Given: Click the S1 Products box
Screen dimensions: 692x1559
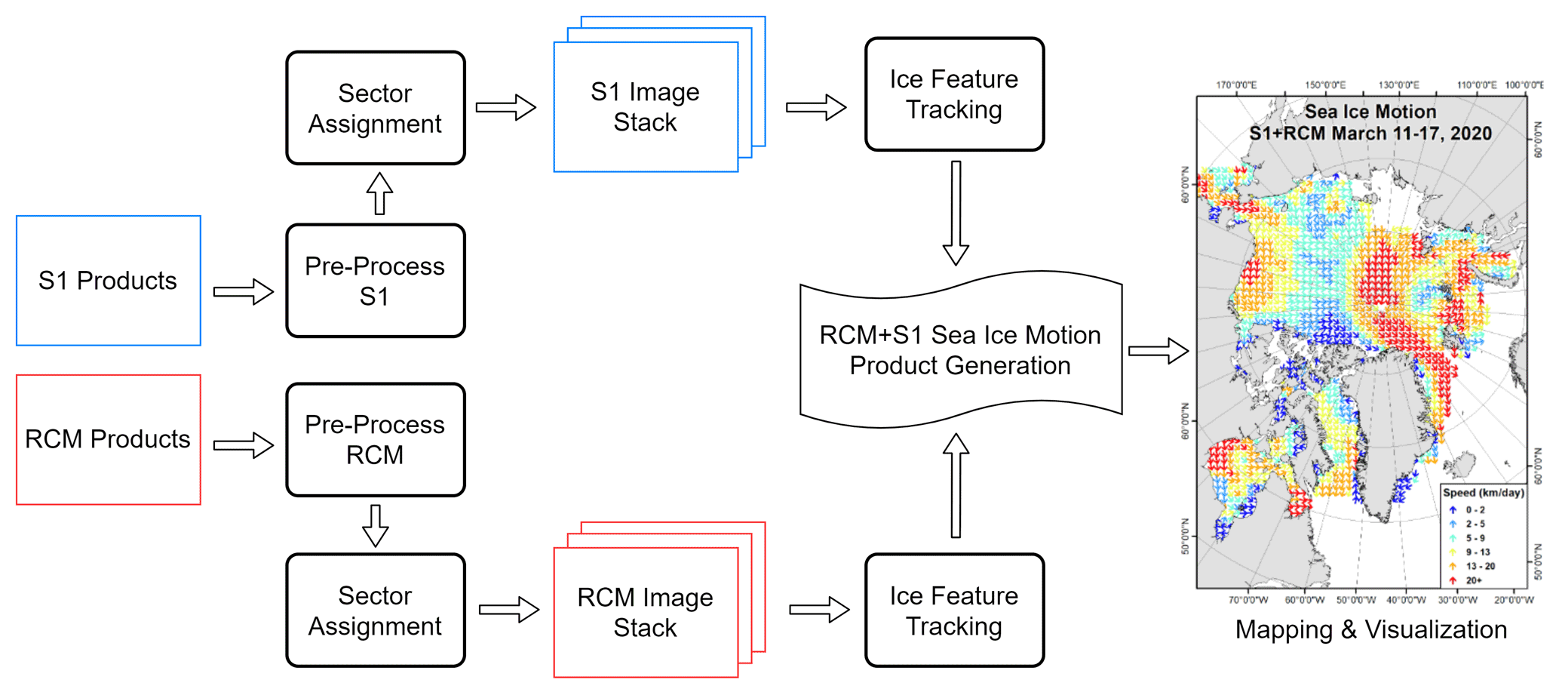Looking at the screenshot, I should click(109, 281).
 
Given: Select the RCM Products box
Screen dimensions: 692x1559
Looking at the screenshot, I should click(109, 439).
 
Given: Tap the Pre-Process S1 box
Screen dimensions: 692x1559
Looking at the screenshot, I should click(375, 281).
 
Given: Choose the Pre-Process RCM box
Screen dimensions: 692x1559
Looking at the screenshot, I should click(375, 439).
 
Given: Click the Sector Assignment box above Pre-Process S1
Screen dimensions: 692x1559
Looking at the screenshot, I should click(375, 108).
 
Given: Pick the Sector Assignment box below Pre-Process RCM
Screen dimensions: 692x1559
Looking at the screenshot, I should click(375, 610).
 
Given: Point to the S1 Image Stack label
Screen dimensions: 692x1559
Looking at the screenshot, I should click(645, 107).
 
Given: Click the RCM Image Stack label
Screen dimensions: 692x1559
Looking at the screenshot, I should click(645, 612).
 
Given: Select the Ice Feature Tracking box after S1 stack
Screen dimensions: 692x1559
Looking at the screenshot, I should click(954, 94).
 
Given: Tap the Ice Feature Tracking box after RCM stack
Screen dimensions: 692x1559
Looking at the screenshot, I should click(954, 610).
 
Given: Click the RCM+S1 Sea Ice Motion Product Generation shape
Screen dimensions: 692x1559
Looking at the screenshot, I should click(960, 350).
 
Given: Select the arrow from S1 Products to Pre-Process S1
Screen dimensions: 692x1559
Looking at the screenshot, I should click(243, 292).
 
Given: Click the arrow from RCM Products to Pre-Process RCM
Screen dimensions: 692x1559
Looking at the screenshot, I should click(243, 445).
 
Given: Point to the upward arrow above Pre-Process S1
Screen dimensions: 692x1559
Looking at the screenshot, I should click(379, 194).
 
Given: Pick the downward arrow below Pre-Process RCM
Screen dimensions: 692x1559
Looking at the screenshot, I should click(376, 525).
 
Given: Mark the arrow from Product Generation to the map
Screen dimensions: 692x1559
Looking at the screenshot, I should click(1158, 351).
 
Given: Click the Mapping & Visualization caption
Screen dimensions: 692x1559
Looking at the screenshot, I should click(1370, 629).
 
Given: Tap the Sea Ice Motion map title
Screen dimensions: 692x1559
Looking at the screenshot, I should click(1370, 122).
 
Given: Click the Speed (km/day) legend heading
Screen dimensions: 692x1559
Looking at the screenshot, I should click(1483, 493).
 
